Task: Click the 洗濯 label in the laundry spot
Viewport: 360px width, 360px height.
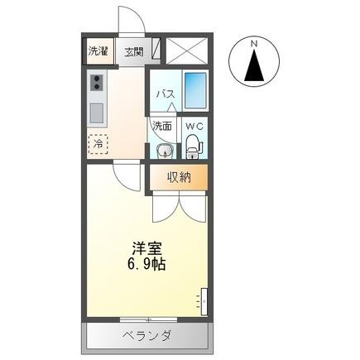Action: click(x=98, y=51)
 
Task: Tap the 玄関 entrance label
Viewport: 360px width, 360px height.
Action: click(x=133, y=51)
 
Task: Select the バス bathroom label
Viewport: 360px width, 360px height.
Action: click(x=165, y=94)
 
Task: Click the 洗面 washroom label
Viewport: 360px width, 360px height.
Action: click(x=162, y=127)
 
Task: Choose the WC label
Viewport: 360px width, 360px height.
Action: click(x=194, y=127)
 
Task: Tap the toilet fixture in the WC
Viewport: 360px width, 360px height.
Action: click(x=194, y=146)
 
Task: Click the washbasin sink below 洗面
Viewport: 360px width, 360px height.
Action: click(x=163, y=151)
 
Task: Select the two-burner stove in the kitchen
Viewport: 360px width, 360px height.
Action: click(x=98, y=83)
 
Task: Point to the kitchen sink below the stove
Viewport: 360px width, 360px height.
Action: click(x=98, y=111)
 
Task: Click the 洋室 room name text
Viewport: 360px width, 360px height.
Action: click(x=146, y=247)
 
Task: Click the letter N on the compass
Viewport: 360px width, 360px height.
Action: click(x=256, y=43)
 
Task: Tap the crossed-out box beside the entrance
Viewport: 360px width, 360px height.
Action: click(x=185, y=50)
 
